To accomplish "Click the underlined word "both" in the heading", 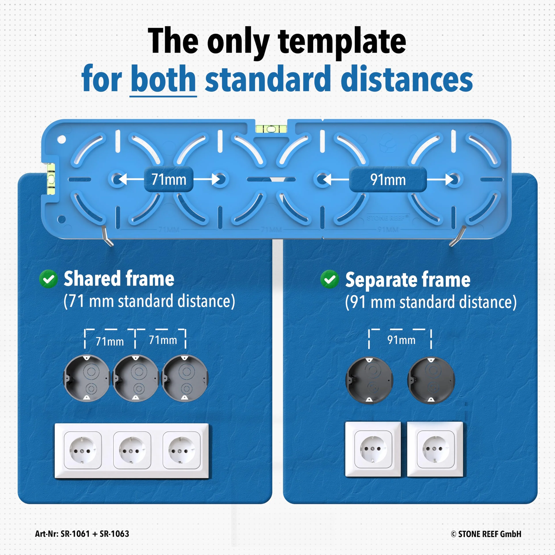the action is point(163,78).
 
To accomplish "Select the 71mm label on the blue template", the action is point(169,180).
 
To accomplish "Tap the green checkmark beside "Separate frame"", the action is point(329,279).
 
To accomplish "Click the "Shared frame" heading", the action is point(119,278).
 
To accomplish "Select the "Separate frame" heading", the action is point(408,279).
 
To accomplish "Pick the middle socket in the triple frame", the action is point(132,450).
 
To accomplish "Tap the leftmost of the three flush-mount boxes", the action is point(86,378).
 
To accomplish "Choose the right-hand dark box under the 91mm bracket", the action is point(431,380).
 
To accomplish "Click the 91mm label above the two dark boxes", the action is point(401,340).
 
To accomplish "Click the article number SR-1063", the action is point(114,534).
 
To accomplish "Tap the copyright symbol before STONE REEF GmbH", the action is point(454,534).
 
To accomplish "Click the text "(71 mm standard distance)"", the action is point(149,301).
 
